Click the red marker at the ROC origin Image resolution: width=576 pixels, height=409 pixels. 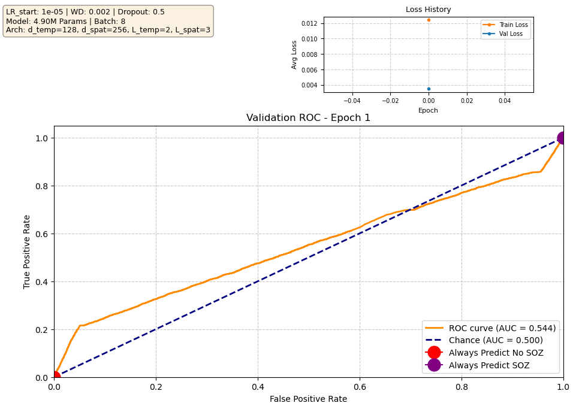point(55,377)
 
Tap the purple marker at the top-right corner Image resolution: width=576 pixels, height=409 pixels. point(563,138)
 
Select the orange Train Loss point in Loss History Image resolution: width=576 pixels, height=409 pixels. point(429,20)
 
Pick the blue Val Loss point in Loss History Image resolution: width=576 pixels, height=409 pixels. point(429,89)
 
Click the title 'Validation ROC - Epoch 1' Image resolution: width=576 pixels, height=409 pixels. point(308,118)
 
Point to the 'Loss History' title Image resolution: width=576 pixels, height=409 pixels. point(428,10)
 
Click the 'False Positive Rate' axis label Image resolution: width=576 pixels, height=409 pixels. point(308,399)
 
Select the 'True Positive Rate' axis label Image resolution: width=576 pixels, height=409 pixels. point(27,252)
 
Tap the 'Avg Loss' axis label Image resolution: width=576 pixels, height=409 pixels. point(294,54)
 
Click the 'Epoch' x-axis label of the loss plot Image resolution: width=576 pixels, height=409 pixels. point(428,110)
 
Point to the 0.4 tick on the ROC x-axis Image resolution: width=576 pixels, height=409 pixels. point(258,387)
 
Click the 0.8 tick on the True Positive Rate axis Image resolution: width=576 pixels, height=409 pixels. point(42,186)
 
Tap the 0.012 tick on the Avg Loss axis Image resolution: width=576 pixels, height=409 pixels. point(309,23)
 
